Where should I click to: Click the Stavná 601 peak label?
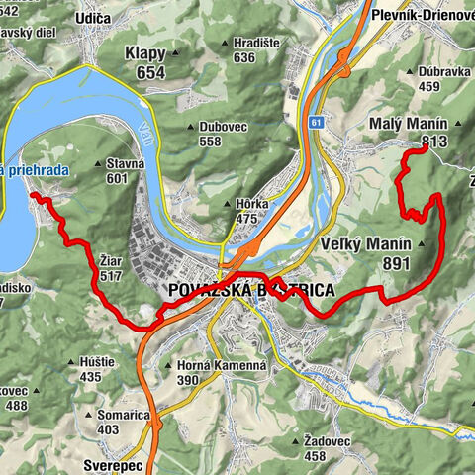pos(116,170)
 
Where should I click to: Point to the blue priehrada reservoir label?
pos(35,171)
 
